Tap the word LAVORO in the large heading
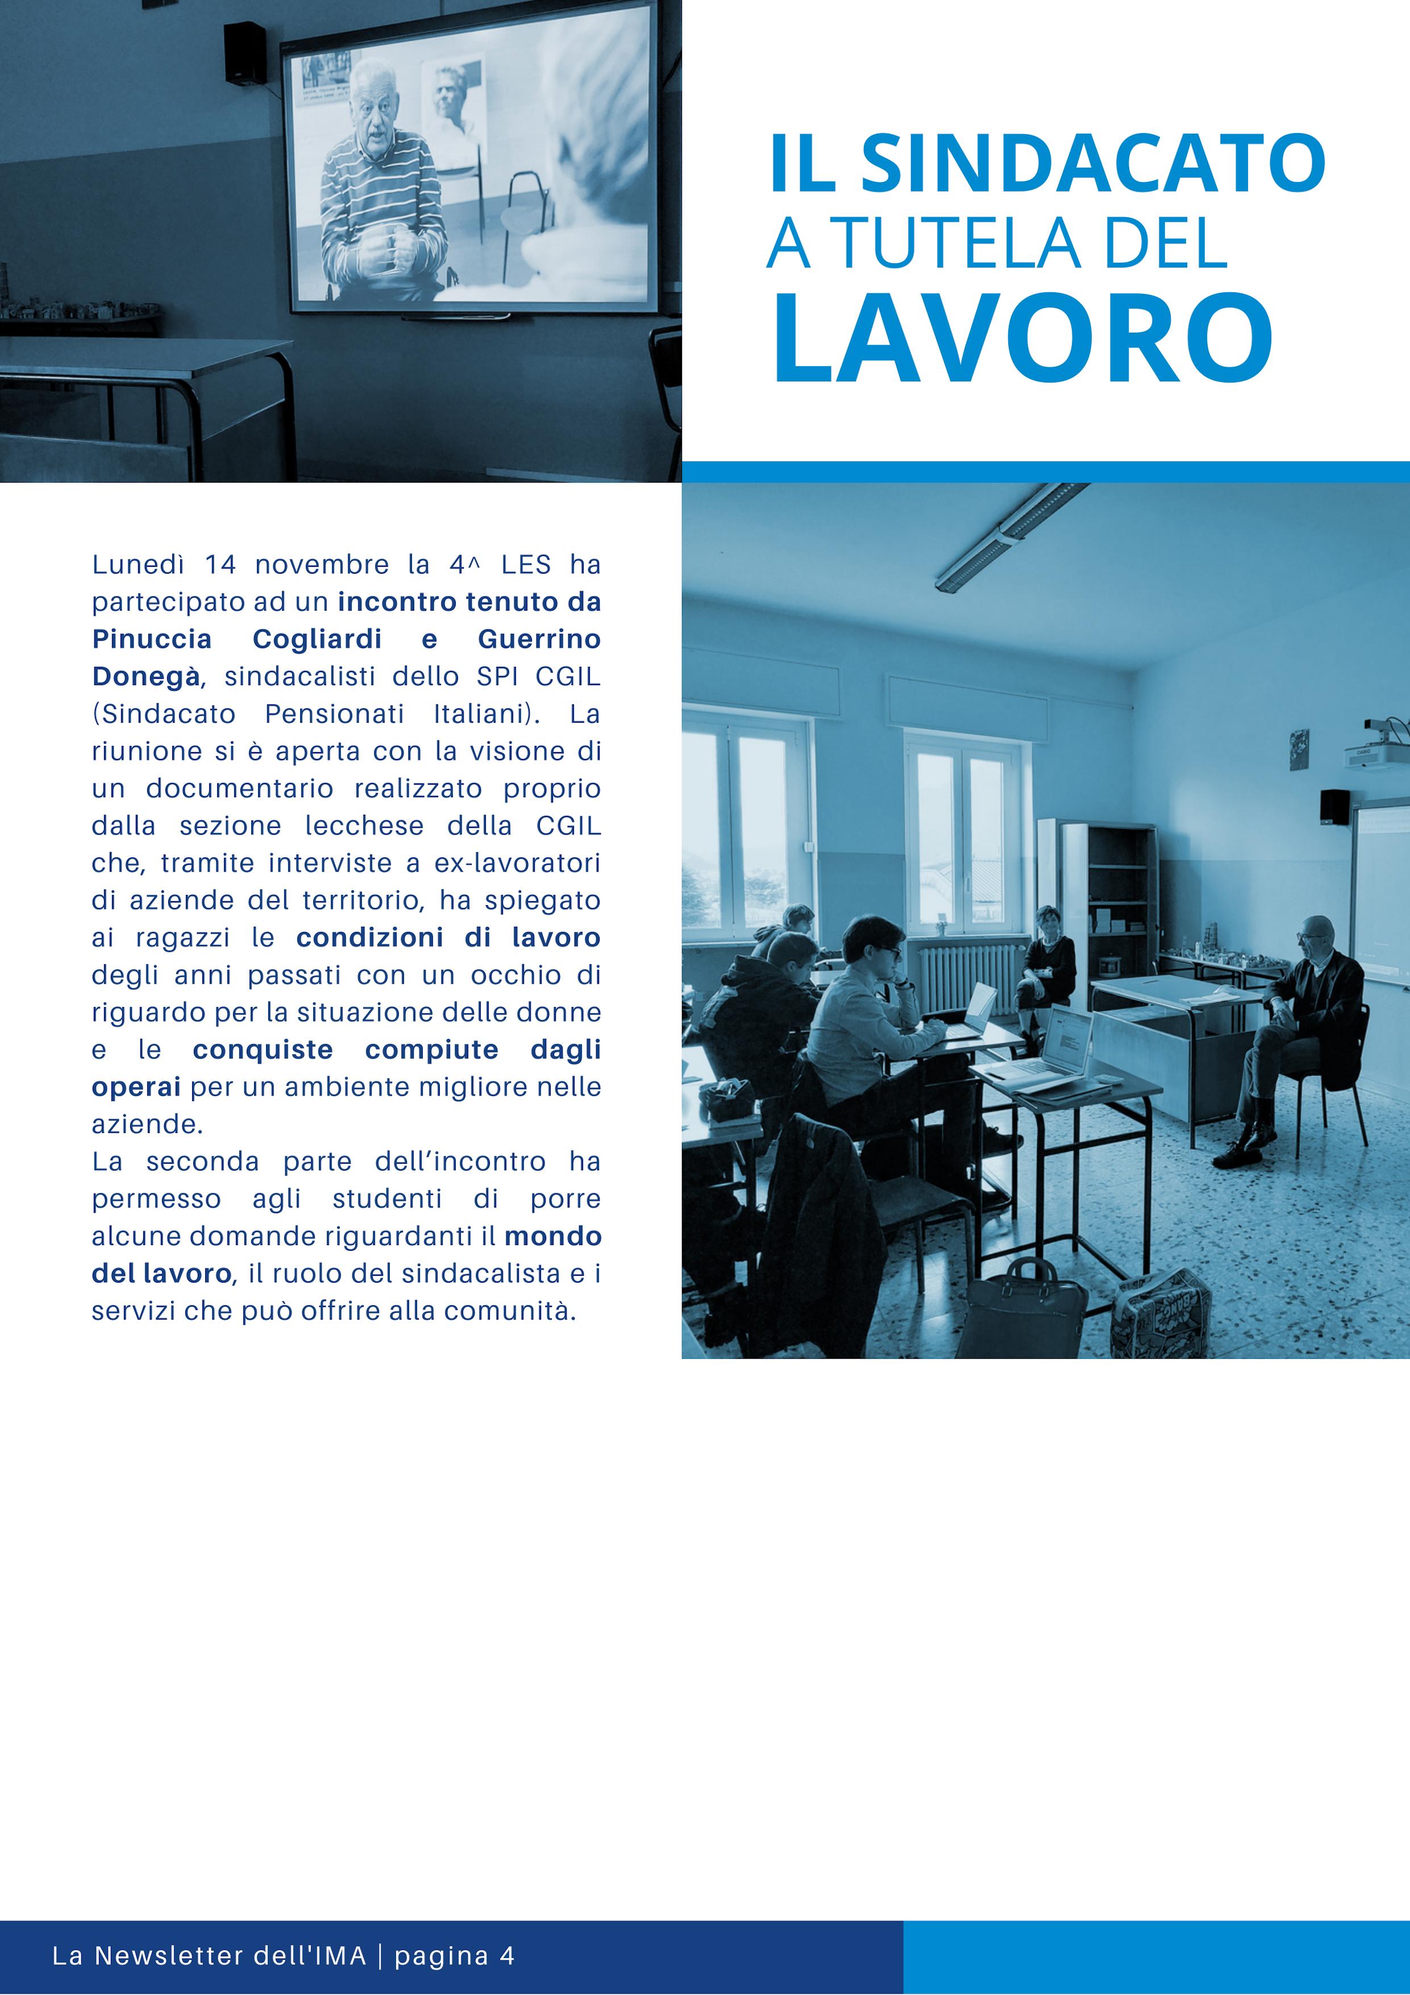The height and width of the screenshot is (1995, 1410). tap(1024, 338)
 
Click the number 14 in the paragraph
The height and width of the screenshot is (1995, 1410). tap(220, 565)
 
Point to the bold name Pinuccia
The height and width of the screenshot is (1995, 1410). tap(152, 640)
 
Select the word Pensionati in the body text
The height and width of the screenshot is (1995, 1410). tap(335, 714)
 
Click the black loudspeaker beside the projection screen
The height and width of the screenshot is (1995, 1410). tap(245, 52)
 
